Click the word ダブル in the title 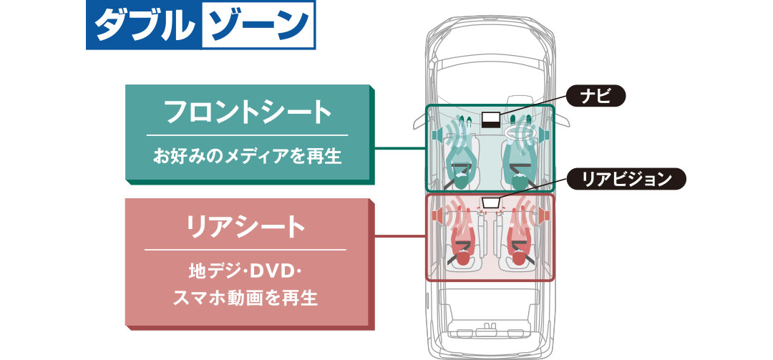(143, 26)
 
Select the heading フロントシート (248, 112)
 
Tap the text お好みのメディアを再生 (248, 155)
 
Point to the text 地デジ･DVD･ (245, 272)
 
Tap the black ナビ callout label (596, 96)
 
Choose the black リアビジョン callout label (626, 179)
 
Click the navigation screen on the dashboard (491, 120)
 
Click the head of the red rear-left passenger (463, 260)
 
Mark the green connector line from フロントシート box (401, 148)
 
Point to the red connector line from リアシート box (401, 237)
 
